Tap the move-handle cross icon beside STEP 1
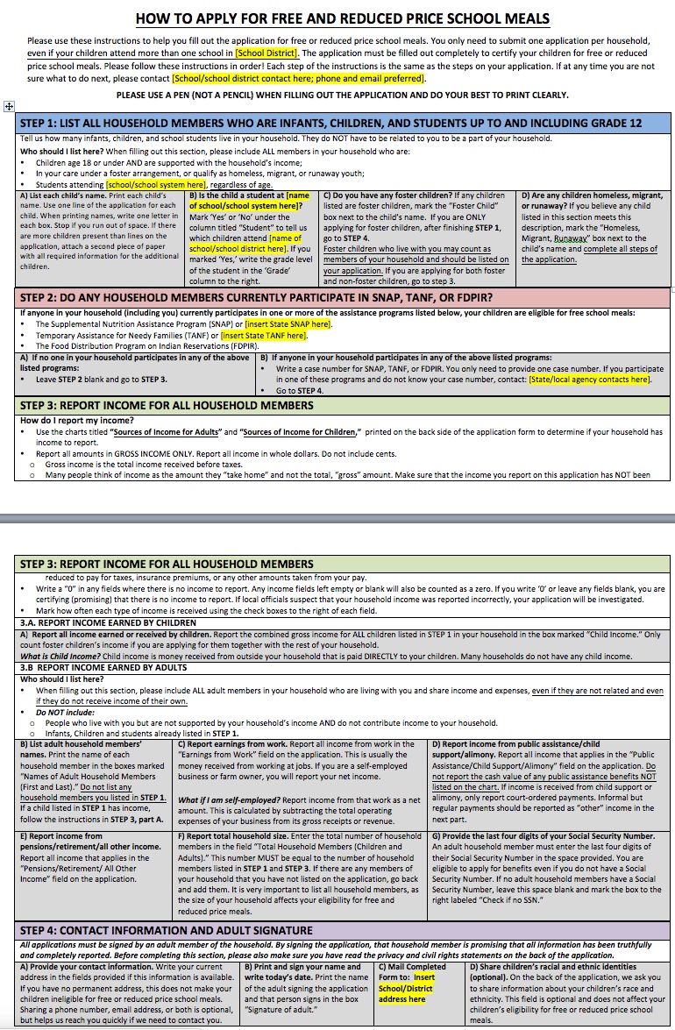pyautogui.click(x=9, y=106)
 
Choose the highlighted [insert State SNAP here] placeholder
pyautogui.click(x=276, y=323)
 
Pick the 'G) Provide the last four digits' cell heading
pyautogui.click(x=544, y=835)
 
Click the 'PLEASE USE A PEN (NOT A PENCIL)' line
pyautogui.click(x=342, y=95)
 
